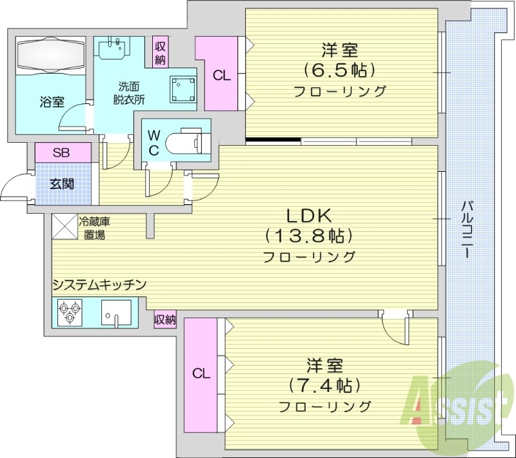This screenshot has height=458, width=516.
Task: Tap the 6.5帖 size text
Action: pyautogui.click(x=340, y=69)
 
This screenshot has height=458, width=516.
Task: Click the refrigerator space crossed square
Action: pyautogui.click(x=64, y=227)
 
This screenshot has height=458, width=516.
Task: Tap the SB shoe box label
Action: pyautogui.click(x=62, y=153)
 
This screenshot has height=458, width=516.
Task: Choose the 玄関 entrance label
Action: pyautogui.click(x=62, y=183)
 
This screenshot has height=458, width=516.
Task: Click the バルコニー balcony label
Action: pyautogui.click(x=466, y=230)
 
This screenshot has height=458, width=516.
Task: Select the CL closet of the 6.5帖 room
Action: pyautogui.click(x=221, y=75)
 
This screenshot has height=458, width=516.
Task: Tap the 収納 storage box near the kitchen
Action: pyautogui.click(x=165, y=319)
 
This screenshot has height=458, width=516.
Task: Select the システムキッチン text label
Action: pyautogui.click(x=100, y=284)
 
